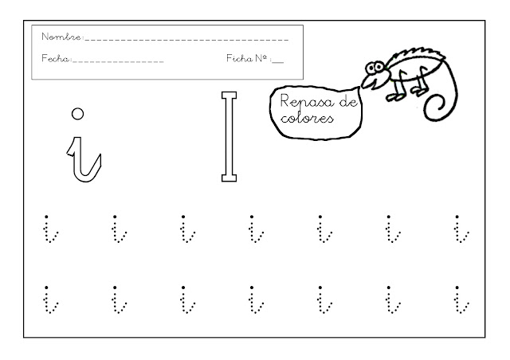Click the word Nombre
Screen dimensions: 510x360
[61, 37]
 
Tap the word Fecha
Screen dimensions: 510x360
[56, 58]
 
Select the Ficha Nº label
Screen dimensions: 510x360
[247, 58]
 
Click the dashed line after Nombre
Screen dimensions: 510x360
[186, 40]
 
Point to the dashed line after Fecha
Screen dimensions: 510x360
[119, 61]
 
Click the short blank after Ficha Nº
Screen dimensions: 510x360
[278, 61]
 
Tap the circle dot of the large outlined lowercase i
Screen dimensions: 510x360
[77, 114]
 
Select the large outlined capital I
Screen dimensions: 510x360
[229, 136]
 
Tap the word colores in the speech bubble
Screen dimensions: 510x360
[307, 118]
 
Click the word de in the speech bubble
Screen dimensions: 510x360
[348, 102]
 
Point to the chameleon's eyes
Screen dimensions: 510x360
[375, 68]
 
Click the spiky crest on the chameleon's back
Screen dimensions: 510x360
[420, 53]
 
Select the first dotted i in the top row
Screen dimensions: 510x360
[50, 229]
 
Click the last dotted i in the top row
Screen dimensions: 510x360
[461, 229]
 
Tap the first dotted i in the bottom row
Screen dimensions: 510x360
[50, 299]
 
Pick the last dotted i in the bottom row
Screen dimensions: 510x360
[461, 299]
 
